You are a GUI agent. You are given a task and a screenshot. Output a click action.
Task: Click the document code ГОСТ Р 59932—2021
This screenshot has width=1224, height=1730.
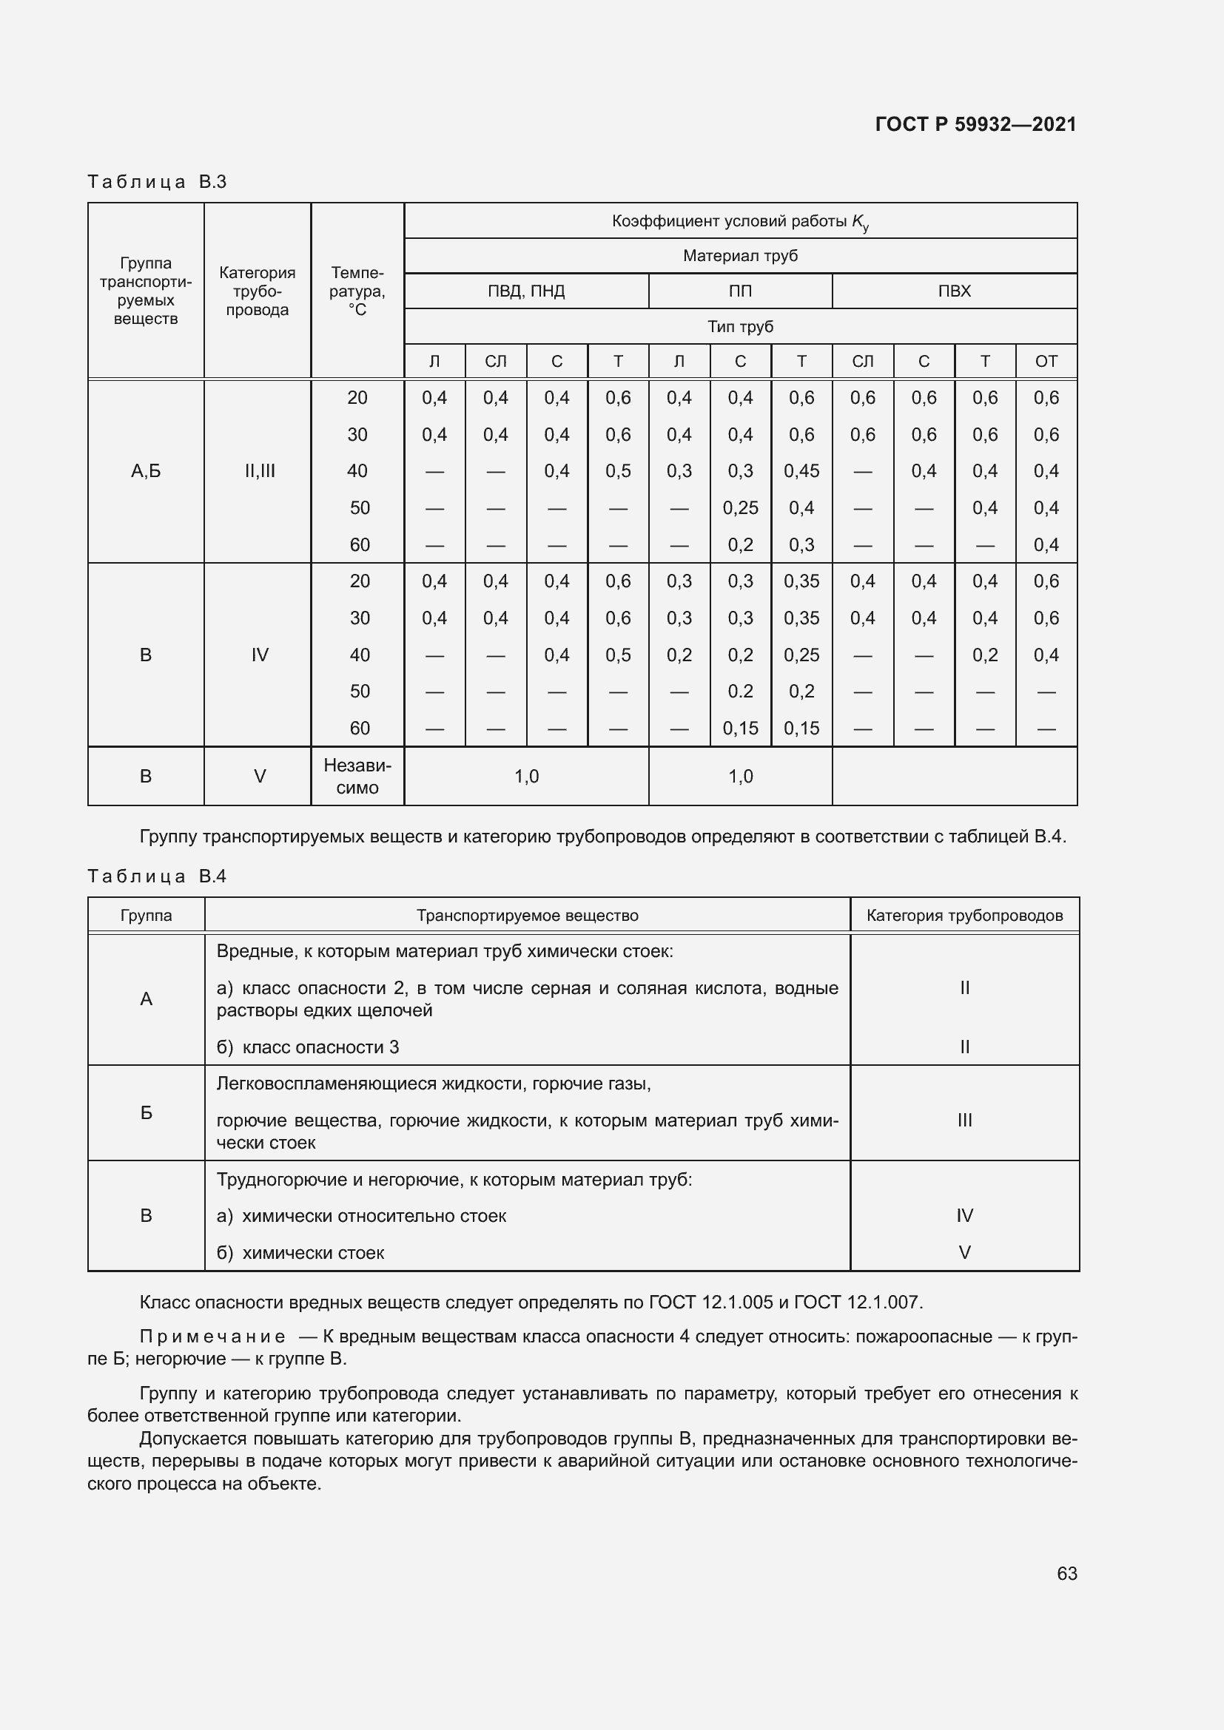tap(975, 124)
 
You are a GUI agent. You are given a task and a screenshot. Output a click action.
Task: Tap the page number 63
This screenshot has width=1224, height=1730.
tap(1066, 1573)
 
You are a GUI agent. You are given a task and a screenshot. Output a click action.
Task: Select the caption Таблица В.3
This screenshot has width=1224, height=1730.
tap(157, 182)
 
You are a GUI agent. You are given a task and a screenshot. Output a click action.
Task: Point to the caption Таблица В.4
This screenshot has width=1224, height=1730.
tap(157, 876)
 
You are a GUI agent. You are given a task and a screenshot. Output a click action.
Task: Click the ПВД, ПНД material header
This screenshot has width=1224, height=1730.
tap(526, 291)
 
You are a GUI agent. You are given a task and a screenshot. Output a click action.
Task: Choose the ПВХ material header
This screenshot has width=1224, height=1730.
tap(954, 291)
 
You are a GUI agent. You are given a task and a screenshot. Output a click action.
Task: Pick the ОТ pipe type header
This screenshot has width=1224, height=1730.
tap(1046, 362)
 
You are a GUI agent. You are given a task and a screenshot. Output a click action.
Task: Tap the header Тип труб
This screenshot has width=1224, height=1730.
tap(740, 327)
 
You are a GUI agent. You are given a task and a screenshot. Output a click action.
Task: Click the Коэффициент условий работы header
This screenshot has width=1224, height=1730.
tap(740, 222)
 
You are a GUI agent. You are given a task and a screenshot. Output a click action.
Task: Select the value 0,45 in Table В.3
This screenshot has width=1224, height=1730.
tap(801, 471)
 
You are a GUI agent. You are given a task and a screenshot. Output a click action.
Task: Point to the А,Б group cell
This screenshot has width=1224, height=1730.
tap(147, 471)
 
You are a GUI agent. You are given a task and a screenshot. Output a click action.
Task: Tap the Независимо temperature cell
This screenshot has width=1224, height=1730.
tap(357, 776)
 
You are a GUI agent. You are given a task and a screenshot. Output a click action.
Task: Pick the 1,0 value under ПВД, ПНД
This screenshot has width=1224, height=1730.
tap(526, 776)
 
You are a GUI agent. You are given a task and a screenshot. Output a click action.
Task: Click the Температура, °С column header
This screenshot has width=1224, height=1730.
tap(357, 291)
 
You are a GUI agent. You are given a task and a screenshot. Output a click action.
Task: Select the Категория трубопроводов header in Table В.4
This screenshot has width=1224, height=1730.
tap(964, 916)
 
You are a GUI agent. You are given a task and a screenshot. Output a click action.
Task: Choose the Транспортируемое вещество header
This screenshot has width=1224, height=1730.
tap(528, 916)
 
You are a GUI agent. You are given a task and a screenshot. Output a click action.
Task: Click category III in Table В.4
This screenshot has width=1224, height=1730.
tap(964, 1121)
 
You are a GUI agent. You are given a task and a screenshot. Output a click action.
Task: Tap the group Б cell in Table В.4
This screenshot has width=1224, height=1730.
tap(147, 1113)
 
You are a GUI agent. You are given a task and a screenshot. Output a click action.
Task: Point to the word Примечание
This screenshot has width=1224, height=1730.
tap(212, 1337)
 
